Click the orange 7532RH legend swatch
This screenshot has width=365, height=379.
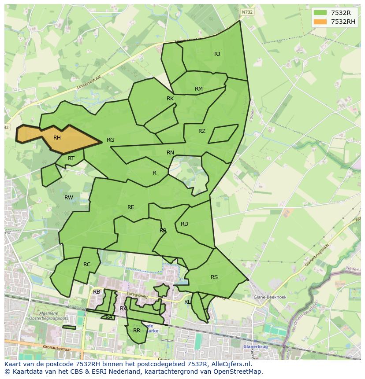pos(320,22)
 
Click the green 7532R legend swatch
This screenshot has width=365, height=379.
pos(320,12)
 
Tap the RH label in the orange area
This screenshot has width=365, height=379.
pos(57,138)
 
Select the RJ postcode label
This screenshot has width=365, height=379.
pos(217,54)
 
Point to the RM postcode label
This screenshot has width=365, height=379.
pos(199,89)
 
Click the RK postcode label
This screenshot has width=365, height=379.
pos(170,99)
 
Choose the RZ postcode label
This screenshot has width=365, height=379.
pos(202,131)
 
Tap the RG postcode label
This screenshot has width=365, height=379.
pos(110,140)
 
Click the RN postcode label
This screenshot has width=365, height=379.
pos(170,153)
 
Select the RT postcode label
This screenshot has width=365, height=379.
pos(71,158)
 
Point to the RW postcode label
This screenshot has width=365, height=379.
pos(69,198)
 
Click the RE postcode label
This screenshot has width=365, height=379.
pos(131,207)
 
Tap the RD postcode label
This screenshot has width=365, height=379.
pos(184,224)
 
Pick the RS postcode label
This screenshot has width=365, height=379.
pos(214,277)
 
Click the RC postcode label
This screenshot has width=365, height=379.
pos(87,265)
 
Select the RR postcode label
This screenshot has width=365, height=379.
pos(137,330)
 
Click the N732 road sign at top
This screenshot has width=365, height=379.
pos(247,12)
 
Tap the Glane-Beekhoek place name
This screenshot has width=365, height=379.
pos(270,297)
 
